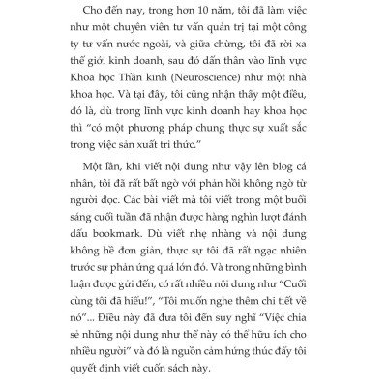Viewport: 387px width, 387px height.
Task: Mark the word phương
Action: [171, 154]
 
